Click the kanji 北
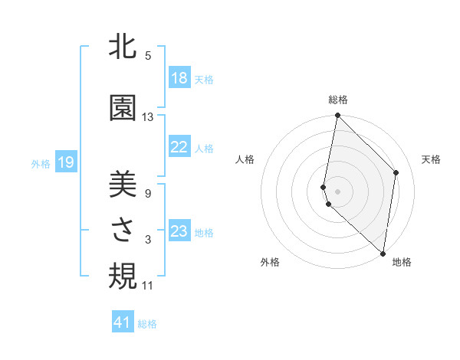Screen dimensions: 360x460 point(123,47)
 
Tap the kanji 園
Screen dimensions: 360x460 point(123,109)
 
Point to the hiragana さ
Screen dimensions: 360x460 point(123,232)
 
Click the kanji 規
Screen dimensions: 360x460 point(123,277)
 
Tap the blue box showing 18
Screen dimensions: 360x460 point(179,78)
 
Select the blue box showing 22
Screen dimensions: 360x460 point(179,147)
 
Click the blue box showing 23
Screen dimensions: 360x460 point(179,231)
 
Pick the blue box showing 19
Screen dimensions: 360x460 point(66,162)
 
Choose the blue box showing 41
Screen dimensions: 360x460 point(123,322)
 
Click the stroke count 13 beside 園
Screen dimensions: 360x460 point(148,117)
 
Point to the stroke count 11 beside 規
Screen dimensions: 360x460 point(148,286)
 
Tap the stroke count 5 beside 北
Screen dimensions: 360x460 point(148,56)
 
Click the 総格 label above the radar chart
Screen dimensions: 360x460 point(338,100)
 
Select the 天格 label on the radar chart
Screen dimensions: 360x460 point(431,159)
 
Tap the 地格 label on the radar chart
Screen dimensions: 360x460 point(402,262)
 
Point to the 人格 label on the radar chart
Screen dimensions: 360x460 point(245,159)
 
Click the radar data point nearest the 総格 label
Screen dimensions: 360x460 point(337,116)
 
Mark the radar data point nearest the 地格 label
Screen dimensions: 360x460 point(383,253)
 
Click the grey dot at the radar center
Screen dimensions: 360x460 point(337,191)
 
